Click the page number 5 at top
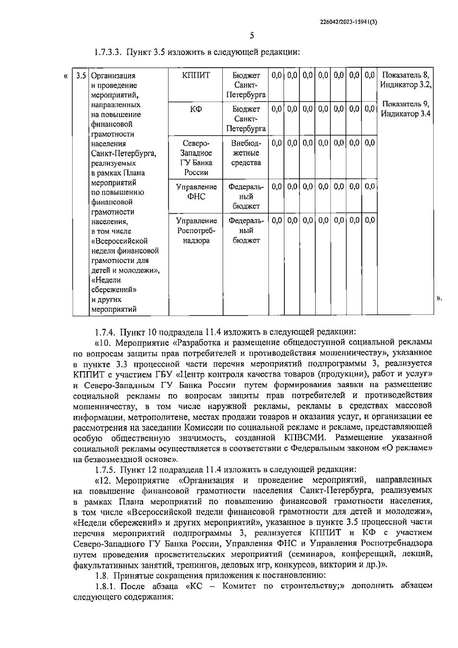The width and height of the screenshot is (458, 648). coord(251,36)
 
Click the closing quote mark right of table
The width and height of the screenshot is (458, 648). coord(439,298)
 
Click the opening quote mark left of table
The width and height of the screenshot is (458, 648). coord(66,76)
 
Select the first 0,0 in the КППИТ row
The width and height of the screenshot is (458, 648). coord(276,75)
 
